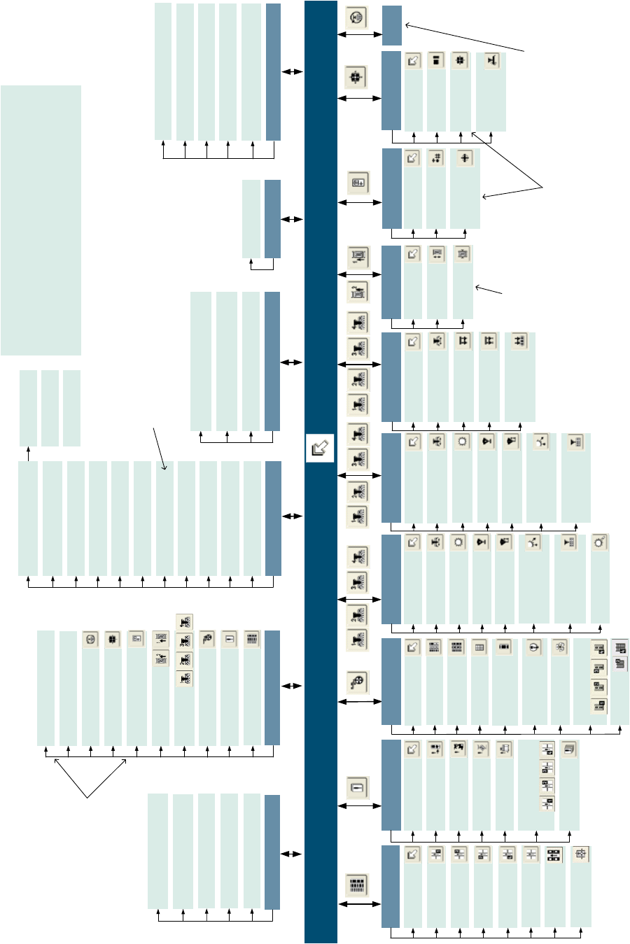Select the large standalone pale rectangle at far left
pos(41,220)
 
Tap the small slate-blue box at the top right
pos(392,26)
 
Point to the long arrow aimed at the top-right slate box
pos(465,38)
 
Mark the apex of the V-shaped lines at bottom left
pos(89,797)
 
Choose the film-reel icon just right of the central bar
pos(358,682)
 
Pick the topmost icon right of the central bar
pos(356,17)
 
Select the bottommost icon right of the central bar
pos(358,885)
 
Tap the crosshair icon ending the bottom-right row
pos(580,854)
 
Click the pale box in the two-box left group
pos(251,219)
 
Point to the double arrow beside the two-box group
pos(293,219)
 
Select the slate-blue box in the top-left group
pos(273,71)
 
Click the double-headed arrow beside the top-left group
pos(293,71)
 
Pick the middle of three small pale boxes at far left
pos(50,408)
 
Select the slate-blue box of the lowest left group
pos(272,852)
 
